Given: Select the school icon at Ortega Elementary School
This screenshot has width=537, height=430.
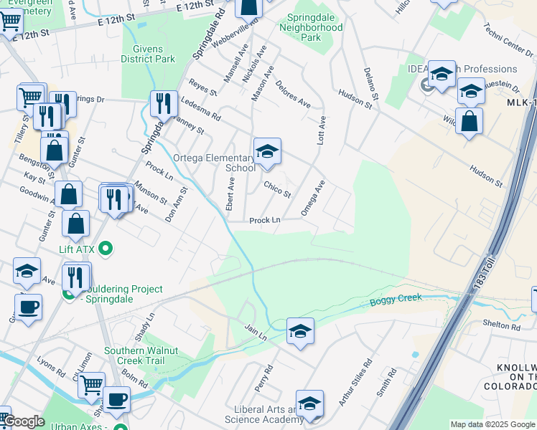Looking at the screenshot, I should (x=267, y=152).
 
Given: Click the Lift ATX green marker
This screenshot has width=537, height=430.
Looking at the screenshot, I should (x=106, y=249).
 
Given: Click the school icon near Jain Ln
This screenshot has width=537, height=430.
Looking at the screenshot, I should (x=300, y=331).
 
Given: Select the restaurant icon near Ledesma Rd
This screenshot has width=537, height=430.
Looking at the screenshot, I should (x=164, y=104).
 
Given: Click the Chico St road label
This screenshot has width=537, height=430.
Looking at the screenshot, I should (x=276, y=190).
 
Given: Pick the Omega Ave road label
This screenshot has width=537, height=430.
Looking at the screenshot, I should (x=313, y=198).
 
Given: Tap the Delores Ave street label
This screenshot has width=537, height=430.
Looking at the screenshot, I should (x=292, y=93).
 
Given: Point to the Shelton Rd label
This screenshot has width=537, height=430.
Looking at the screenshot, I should (x=501, y=327).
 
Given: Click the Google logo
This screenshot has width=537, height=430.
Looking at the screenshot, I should (x=23, y=421).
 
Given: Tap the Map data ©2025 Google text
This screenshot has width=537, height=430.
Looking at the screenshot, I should (x=492, y=424).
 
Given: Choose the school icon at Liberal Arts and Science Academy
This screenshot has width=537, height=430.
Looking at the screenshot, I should (x=309, y=404).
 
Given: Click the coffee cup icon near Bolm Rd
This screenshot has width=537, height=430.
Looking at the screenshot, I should (x=116, y=398).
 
